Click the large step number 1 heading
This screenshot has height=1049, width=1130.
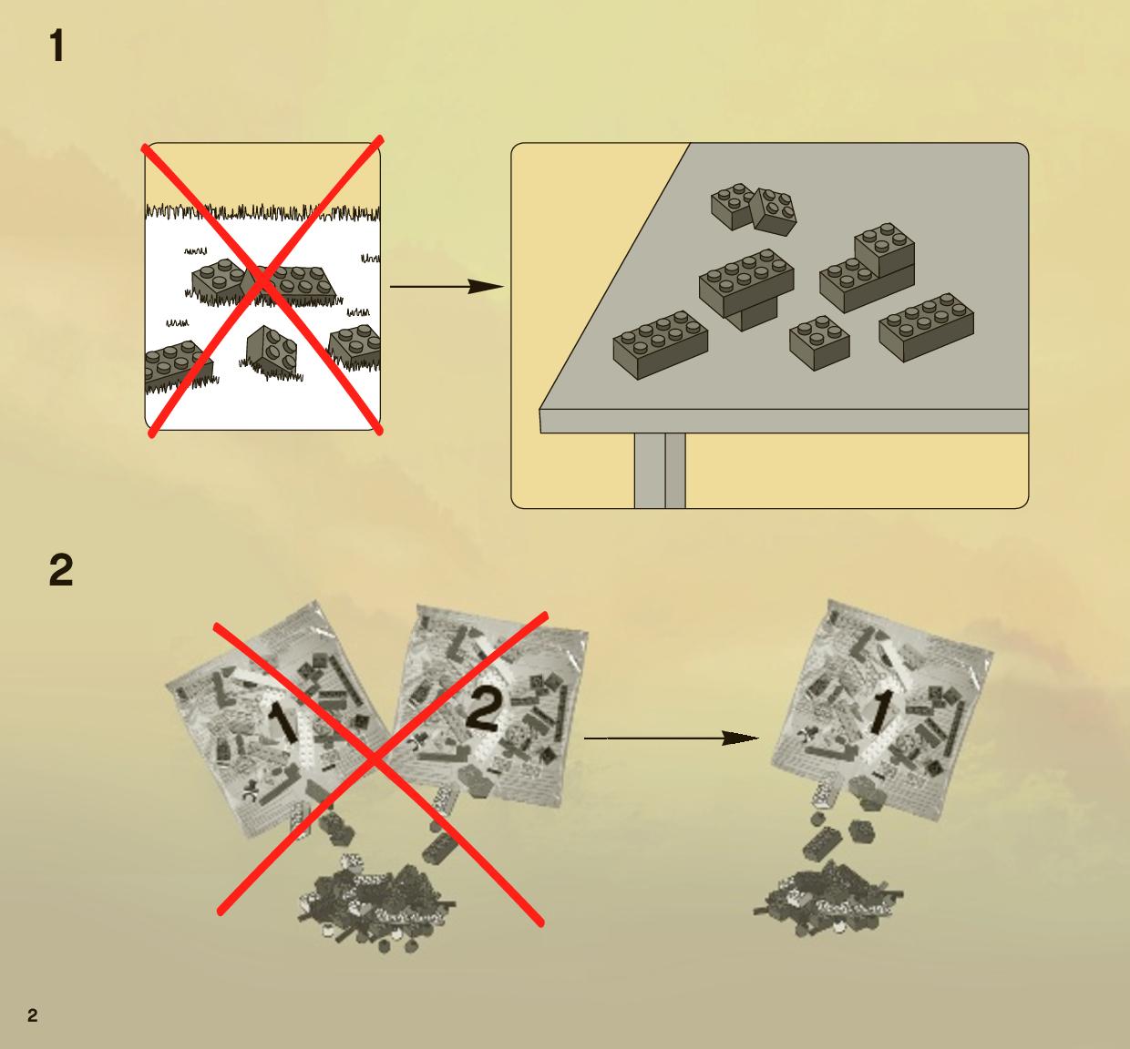pyautogui.click(x=56, y=46)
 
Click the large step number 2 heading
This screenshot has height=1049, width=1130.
pyautogui.click(x=61, y=570)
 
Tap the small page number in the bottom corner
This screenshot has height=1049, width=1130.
pyautogui.click(x=33, y=1015)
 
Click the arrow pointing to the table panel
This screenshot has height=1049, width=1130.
pyautogui.click(x=447, y=287)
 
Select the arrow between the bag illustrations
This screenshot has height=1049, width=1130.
pyautogui.click(x=672, y=738)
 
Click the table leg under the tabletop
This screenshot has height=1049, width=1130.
pyautogui.click(x=660, y=470)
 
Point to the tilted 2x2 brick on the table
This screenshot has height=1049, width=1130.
pyautogui.click(x=774, y=212)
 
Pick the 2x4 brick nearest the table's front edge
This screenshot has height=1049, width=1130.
pyautogui.click(x=661, y=345)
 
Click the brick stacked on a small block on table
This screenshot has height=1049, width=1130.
pyautogui.click(x=746, y=289)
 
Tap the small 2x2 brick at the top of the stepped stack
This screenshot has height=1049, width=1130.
pyautogui.click(x=884, y=249)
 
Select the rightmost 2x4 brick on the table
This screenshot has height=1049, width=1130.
pyautogui.click(x=926, y=327)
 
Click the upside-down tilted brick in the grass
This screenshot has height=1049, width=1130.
pyautogui.click(x=272, y=351)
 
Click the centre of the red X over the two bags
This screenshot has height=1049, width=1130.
pyautogui.click(x=375, y=759)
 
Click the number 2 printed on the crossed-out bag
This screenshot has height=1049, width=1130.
pyautogui.click(x=484, y=709)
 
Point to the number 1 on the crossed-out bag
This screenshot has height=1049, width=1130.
pyautogui.click(x=282, y=723)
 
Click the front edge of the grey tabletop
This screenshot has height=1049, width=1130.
pyautogui.click(x=784, y=422)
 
